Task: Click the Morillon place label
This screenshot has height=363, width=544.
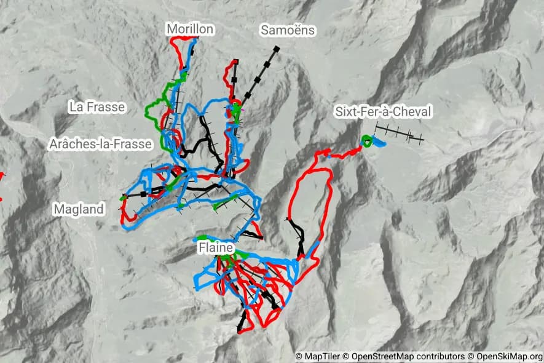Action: (190, 29)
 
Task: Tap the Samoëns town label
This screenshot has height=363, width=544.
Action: (288, 30)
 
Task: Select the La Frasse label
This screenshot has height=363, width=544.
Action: (97, 107)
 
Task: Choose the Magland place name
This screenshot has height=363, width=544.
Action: (79, 209)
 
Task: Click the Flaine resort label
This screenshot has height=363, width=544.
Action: (216, 247)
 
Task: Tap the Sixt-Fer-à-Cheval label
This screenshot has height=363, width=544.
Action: (383, 111)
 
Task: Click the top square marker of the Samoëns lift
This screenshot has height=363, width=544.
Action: (277, 49)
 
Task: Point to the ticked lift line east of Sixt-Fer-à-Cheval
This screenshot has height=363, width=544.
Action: (399, 134)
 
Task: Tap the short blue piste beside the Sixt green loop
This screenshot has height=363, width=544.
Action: (379, 143)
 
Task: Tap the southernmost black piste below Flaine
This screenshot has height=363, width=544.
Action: (243, 321)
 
